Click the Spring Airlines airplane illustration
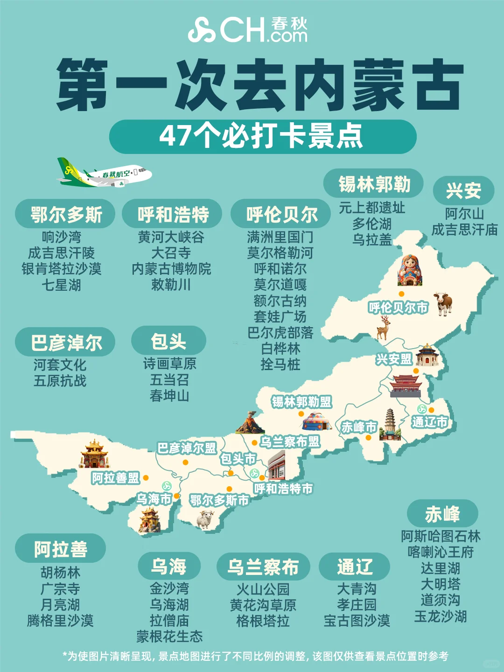[104, 173]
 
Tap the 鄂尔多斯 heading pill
[65, 215]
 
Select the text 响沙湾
[61, 237]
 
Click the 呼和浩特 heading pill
[173, 215]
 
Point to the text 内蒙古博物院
[171, 269]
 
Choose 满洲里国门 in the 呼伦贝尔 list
[280, 237]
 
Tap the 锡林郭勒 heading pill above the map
[374, 183]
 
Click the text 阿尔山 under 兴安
[464, 214]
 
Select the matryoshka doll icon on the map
[409, 270]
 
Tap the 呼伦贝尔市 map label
[398, 308]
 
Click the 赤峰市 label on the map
[358, 427]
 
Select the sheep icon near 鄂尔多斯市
[205, 519]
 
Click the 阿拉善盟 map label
[115, 478]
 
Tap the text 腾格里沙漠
[60, 621]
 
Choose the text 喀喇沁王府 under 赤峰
[441, 552]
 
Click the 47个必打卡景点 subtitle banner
[262, 136]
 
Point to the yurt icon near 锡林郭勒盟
[317, 421]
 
